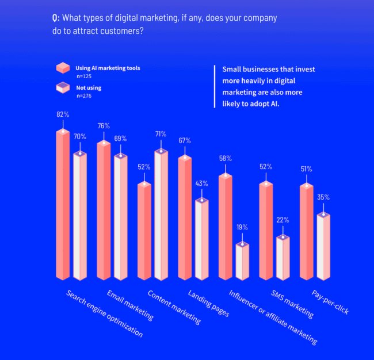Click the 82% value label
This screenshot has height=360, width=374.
[x=63, y=114]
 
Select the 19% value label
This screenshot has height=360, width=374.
[x=242, y=227]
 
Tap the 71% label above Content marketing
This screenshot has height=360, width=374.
[x=161, y=134]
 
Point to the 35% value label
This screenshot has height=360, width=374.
[x=323, y=197]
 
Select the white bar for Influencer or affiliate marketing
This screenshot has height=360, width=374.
[x=242, y=262]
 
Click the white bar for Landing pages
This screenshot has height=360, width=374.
[x=201, y=239]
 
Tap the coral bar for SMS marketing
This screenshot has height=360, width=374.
[x=266, y=230]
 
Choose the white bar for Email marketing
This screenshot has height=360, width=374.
[x=120, y=216]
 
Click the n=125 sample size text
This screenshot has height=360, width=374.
[x=85, y=75]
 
